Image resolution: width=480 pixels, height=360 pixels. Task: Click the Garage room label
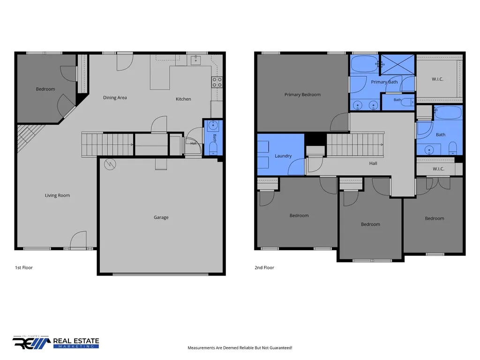(x=161, y=217)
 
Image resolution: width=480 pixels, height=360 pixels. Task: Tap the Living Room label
(x=57, y=195)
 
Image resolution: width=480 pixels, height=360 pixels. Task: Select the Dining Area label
(x=115, y=97)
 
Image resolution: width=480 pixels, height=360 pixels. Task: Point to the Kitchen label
(x=183, y=99)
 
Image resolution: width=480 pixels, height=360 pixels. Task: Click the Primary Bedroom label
(x=302, y=95)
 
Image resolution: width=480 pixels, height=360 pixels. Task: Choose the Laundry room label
(x=283, y=156)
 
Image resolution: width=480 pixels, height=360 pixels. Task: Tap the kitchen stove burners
(x=217, y=82)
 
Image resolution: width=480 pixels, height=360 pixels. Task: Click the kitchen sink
(x=195, y=60)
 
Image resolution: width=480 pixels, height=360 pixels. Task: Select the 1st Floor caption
(x=24, y=268)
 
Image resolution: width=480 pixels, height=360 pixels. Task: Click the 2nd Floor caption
(x=264, y=268)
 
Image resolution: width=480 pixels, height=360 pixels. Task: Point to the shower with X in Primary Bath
(x=397, y=64)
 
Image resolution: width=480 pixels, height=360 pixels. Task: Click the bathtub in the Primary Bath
(x=365, y=64)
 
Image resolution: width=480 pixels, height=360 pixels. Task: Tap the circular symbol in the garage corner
(x=110, y=165)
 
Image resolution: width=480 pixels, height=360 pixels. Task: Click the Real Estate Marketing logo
(x=56, y=342)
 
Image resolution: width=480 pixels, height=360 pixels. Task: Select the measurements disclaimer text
(x=240, y=348)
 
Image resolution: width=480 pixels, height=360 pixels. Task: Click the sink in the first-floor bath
(x=213, y=125)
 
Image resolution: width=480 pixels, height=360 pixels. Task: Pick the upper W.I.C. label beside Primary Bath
(x=437, y=79)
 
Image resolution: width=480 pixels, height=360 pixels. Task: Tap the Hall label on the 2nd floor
(x=373, y=164)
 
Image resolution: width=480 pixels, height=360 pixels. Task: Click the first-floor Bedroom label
(x=45, y=89)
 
